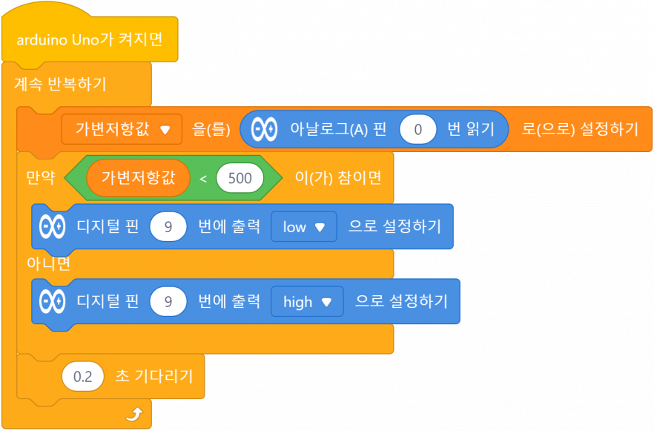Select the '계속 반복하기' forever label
(x=60, y=85)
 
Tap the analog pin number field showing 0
(x=418, y=129)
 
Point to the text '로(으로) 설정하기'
(x=580, y=129)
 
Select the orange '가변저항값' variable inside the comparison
(x=138, y=178)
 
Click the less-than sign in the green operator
(x=202, y=178)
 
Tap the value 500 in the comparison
(x=240, y=178)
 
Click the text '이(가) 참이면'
(x=338, y=178)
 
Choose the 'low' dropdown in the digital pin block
(x=303, y=227)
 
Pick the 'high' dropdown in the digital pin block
(x=306, y=302)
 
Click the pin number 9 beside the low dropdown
(x=168, y=227)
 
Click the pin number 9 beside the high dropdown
(x=168, y=302)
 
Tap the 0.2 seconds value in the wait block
(x=83, y=377)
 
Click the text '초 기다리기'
(x=154, y=377)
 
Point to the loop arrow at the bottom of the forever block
(x=138, y=412)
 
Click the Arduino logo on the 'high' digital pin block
(x=52, y=302)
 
